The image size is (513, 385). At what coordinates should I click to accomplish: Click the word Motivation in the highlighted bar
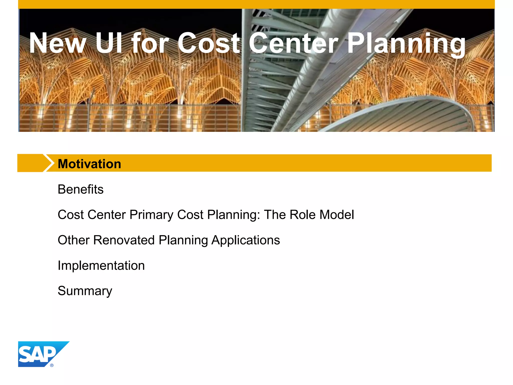pos(89,164)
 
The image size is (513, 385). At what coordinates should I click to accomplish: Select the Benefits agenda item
pos(80,189)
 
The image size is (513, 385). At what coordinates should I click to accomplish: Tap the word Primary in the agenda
pos(151,215)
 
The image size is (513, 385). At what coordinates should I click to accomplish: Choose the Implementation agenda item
pos(101,265)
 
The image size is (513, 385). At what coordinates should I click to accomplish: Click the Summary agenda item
pos(85,291)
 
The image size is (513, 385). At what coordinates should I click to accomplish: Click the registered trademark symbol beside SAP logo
pos(52,365)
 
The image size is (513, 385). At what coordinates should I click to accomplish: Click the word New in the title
pos(58,43)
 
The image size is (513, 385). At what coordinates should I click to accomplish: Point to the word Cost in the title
pos(209,43)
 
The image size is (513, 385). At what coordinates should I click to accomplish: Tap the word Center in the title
pos(293,43)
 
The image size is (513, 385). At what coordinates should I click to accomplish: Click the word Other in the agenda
pos(73,240)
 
